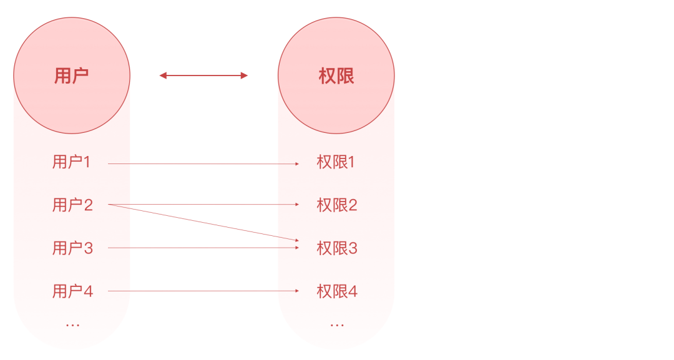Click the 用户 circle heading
(x=72, y=75)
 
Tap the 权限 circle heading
(x=336, y=75)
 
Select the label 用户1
(x=72, y=163)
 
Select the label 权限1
(x=336, y=163)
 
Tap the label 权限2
(x=337, y=205)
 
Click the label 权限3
(x=337, y=248)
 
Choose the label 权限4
(x=337, y=291)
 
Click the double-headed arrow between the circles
(x=203, y=75)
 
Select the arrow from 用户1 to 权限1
(x=203, y=164)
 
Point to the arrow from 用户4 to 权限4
(x=203, y=291)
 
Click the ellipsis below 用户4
(x=72, y=324)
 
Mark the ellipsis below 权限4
(x=337, y=324)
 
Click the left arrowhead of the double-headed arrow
(x=162, y=75)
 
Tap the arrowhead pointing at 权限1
(x=296, y=164)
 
